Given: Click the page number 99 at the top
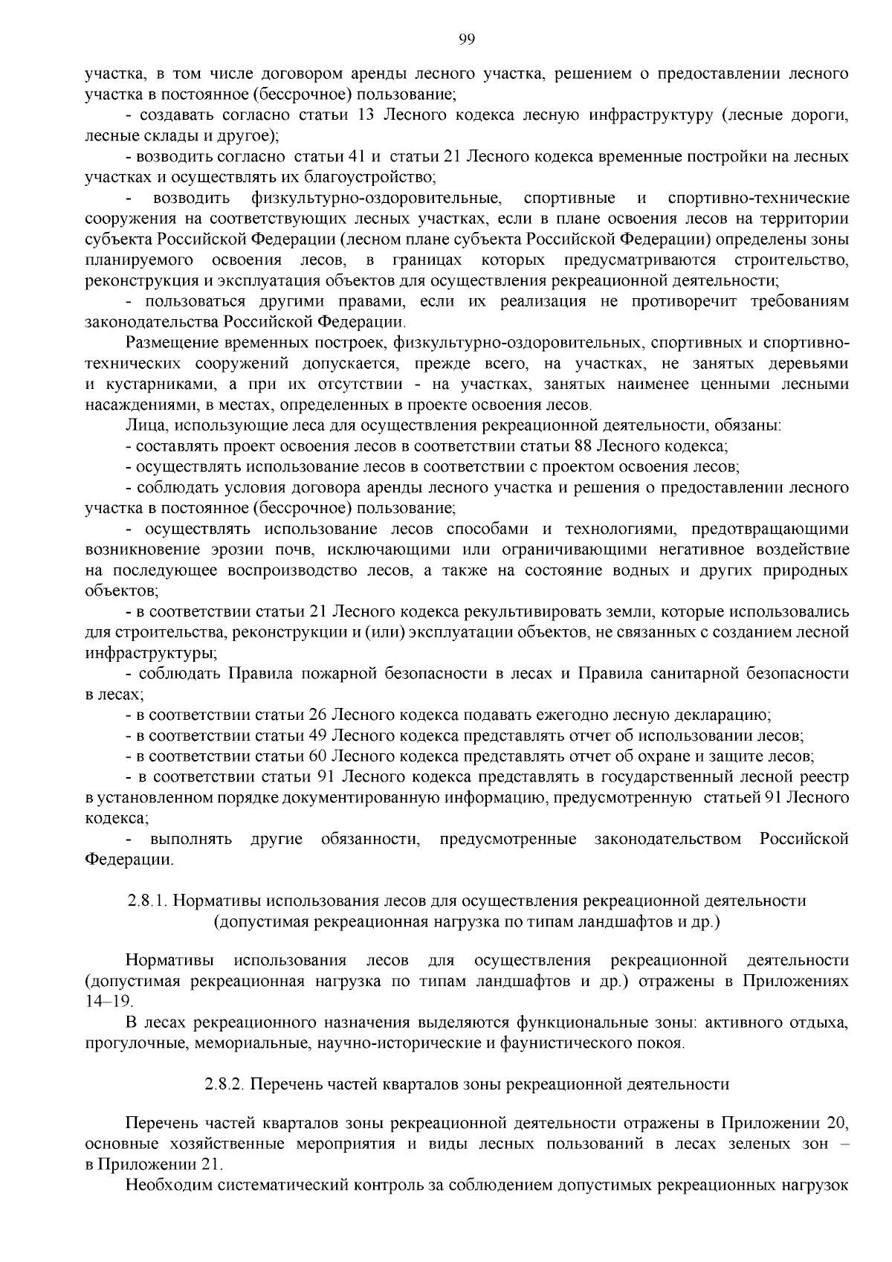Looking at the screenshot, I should click(466, 39).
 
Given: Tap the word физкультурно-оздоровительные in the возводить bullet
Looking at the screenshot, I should click(376, 199).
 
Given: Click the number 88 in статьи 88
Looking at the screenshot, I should click(583, 446).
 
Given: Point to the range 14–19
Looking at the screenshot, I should click(109, 1002).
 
